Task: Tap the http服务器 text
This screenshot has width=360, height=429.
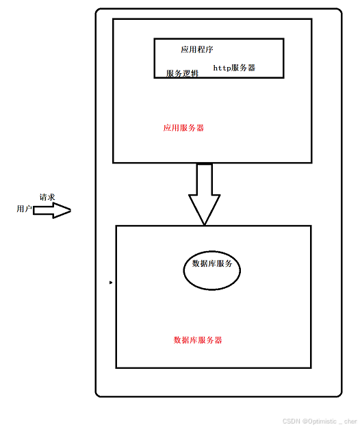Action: pyautogui.click(x=234, y=68)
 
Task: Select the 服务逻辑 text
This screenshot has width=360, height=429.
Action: pyautogui.click(x=182, y=73)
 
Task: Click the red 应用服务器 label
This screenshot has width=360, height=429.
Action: pyautogui.click(x=183, y=128)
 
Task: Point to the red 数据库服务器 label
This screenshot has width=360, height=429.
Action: pyautogui.click(x=197, y=340)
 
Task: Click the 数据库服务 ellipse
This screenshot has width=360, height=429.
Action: pyautogui.click(x=212, y=270)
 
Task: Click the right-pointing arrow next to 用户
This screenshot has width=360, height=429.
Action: pyautogui.click(x=52, y=211)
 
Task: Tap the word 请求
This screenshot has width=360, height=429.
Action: pyautogui.click(x=47, y=197)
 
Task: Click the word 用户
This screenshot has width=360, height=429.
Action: pyautogui.click(x=24, y=209)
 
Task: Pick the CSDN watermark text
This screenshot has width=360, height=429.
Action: pyautogui.click(x=319, y=421)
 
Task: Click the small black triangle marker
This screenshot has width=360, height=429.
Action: pyautogui.click(x=111, y=282)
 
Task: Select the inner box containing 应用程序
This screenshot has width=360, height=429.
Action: pyautogui.click(x=219, y=58)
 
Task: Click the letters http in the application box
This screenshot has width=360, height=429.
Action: pyautogui.click(x=222, y=68)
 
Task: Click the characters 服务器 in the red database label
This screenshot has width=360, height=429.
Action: pyautogui.click(x=209, y=340)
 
